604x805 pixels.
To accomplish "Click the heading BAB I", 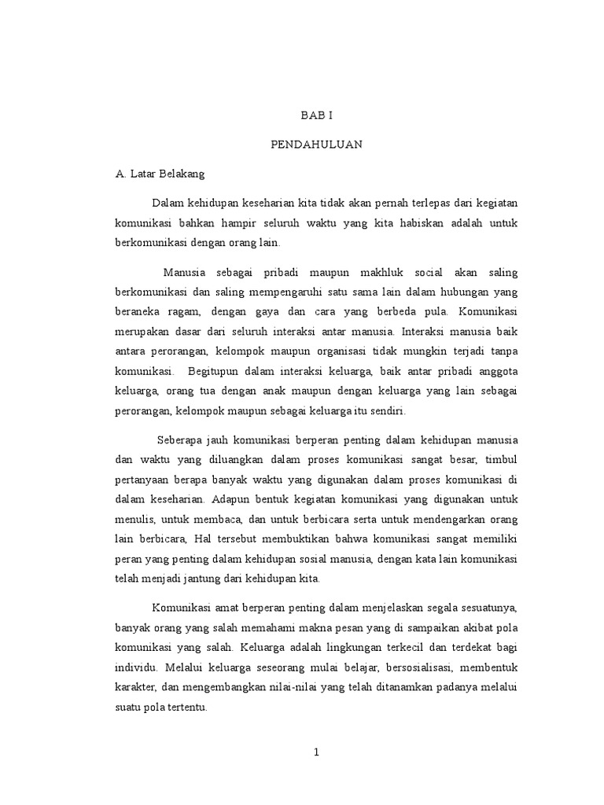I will [x=317, y=115].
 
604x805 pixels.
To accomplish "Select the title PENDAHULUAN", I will [x=317, y=145].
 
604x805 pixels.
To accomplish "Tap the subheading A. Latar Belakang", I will [x=159, y=174].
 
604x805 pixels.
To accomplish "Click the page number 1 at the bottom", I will [x=317, y=752].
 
